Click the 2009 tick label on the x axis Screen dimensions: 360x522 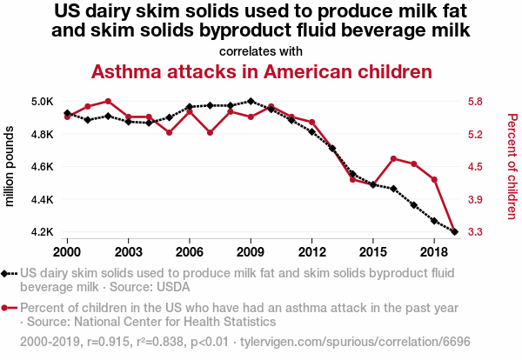click(x=251, y=251)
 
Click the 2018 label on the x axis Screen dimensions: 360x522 click(x=433, y=251)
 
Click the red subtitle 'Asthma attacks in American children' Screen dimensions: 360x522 click(x=262, y=71)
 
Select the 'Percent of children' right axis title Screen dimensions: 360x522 click(x=512, y=166)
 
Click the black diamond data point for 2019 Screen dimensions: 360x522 click(x=454, y=232)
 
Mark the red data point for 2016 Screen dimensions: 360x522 click(x=393, y=158)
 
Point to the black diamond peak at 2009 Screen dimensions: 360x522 click(x=251, y=101)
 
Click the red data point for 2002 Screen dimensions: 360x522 click(x=108, y=101)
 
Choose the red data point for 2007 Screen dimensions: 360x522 click(x=210, y=132)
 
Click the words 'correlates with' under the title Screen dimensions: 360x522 click(x=261, y=50)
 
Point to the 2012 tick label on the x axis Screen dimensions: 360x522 click(x=311, y=251)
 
